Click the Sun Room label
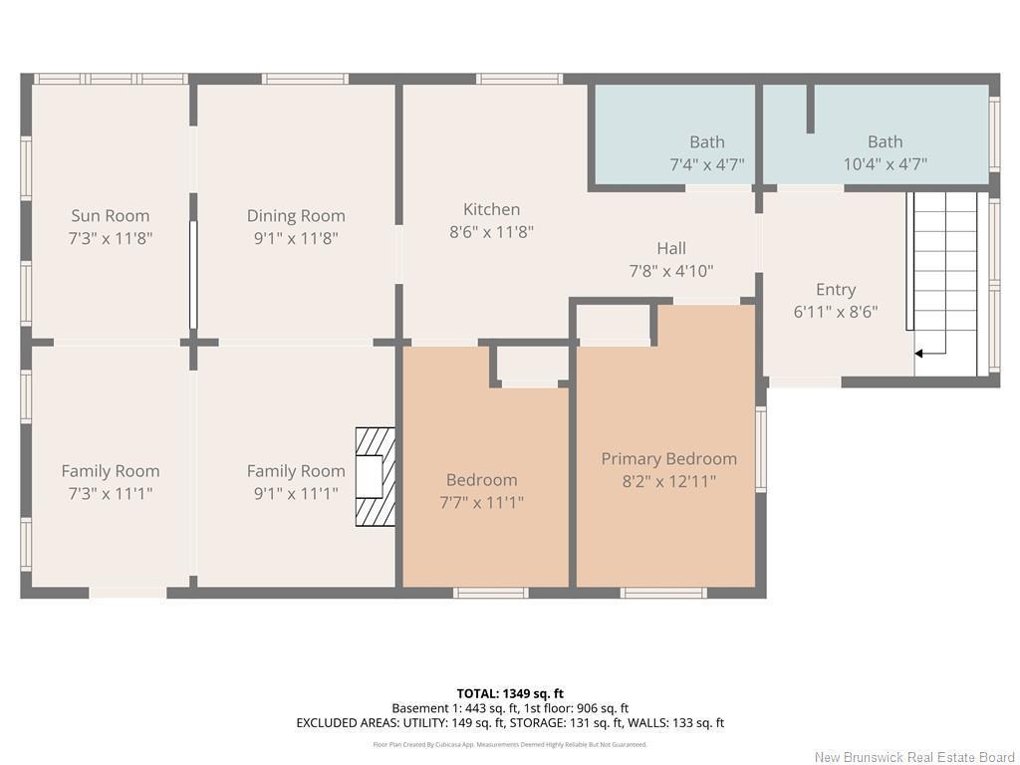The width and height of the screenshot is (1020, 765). point(110,215)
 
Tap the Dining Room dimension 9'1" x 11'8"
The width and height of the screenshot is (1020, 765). point(296,238)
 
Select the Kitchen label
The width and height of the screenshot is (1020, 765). point(491,209)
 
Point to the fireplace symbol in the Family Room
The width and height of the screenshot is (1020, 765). point(376,477)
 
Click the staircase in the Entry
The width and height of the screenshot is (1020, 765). point(944,269)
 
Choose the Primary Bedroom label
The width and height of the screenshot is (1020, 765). point(668,458)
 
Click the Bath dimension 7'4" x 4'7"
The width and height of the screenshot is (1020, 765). point(706,164)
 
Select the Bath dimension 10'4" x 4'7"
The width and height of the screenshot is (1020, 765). point(885,164)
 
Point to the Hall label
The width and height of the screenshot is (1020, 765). point(670,248)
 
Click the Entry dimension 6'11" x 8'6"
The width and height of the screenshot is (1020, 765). point(835,312)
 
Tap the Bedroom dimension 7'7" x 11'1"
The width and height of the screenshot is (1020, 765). point(482,502)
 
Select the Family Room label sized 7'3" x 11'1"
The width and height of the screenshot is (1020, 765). point(110,471)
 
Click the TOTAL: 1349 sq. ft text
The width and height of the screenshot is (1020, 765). point(510,693)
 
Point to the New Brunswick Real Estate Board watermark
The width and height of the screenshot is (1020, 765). point(913,757)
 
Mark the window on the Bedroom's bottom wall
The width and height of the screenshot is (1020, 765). point(490,593)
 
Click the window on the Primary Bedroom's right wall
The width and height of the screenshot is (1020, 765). point(761,448)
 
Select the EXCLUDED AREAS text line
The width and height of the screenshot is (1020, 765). point(510,723)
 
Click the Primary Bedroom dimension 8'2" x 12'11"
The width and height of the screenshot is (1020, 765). point(668,481)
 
